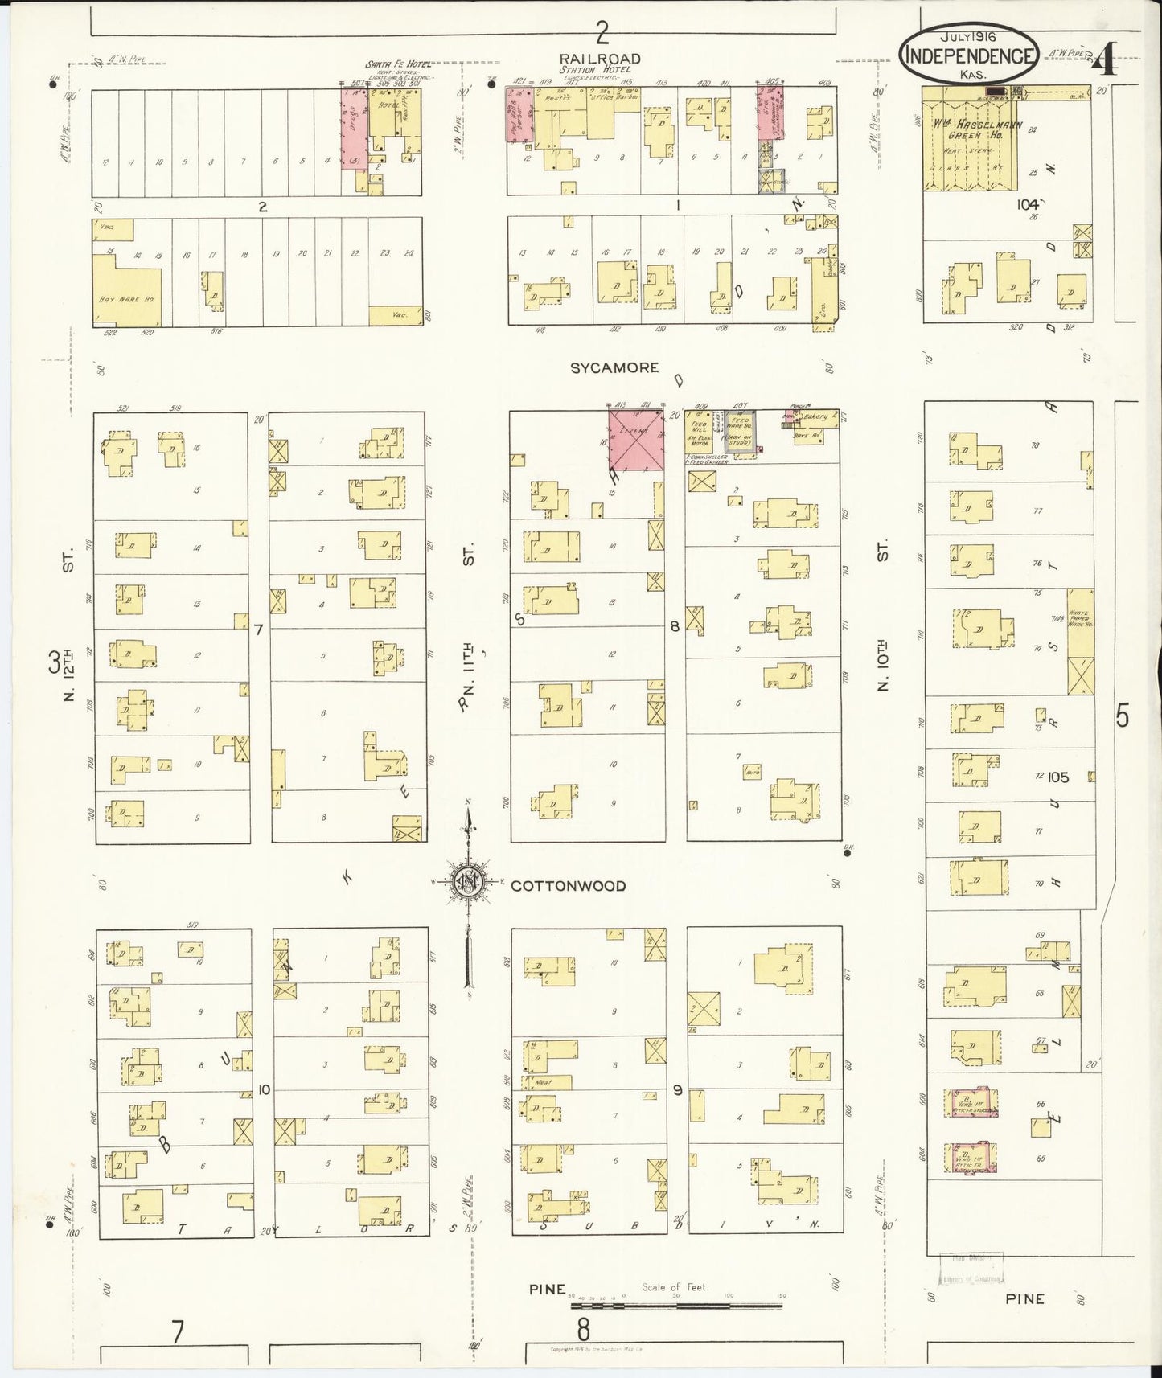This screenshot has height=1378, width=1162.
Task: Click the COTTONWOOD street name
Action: point(569,886)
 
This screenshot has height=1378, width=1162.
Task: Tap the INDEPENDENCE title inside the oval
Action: point(969,55)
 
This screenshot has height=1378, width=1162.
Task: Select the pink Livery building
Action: point(635,440)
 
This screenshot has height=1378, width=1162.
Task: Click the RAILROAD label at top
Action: point(602,59)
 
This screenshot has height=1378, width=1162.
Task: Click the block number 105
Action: point(1058,777)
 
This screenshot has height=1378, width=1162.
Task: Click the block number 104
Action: point(1027,205)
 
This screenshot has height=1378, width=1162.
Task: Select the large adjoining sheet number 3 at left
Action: point(54,663)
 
